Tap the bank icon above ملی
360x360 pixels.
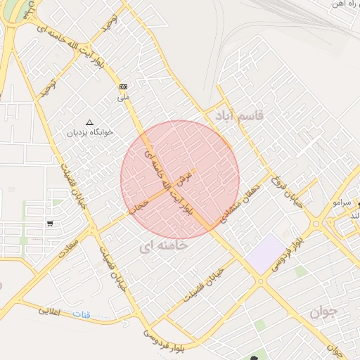pyautogui.click(x=124, y=86)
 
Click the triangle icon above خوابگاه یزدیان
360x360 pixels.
pyautogui.click(x=89, y=122)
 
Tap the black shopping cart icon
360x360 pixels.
pyautogui.click(x=50, y=224)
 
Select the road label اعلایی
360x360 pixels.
pyautogui.click(x=51, y=309)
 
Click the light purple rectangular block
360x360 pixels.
pyautogui.click(x=264, y=255)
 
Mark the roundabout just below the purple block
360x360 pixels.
pyautogui.click(x=261, y=282)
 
